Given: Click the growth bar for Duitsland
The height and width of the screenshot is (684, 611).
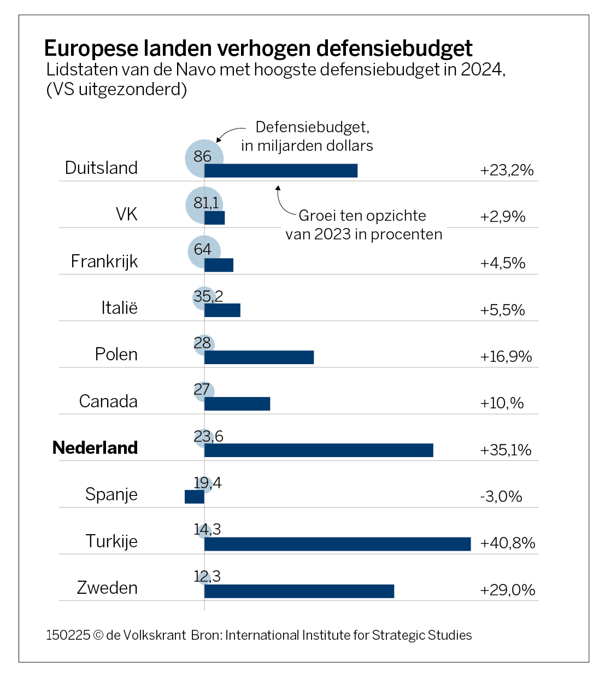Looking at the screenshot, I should (281, 171).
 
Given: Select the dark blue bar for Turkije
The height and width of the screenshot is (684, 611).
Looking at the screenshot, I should (337, 544).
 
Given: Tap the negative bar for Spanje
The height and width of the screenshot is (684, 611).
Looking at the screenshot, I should (195, 496).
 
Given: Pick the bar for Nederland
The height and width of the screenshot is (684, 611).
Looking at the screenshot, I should (319, 450).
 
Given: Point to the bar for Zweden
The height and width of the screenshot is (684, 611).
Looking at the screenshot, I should (299, 591).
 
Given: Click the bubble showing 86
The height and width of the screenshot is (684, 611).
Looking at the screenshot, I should (203, 157).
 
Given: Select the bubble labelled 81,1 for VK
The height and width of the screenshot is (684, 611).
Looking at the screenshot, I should (204, 204).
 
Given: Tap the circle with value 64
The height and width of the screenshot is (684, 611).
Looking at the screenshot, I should (203, 250).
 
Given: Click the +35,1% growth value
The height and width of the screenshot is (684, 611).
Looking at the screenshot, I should (506, 450).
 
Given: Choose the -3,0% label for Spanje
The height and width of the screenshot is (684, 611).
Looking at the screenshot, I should (501, 496).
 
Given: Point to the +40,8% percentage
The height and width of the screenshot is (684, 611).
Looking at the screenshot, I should (507, 543).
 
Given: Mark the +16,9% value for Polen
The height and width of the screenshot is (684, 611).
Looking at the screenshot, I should (506, 356).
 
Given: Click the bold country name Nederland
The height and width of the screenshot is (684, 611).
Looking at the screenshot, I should (95, 448).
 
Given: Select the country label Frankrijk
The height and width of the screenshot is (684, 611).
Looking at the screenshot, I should (104, 261).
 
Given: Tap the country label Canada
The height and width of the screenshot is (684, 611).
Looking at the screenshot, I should (108, 401).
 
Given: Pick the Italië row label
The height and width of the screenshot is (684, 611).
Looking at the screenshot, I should (119, 308).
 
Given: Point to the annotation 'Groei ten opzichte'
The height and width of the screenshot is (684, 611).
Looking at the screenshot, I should (362, 215).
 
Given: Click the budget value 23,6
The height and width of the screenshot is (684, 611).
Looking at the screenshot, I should (208, 436).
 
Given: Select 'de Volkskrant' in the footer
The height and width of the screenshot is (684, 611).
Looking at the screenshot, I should (146, 635).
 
